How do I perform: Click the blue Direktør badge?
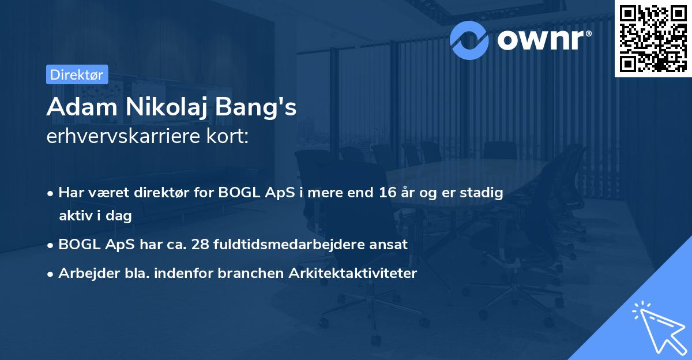coord(77,74)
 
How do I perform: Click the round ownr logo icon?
coord(469,40)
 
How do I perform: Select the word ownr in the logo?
coord(543,40)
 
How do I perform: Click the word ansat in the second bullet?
coord(390,244)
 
